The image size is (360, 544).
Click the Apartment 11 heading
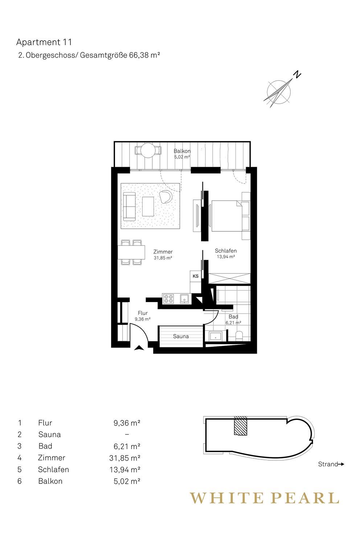(x=44, y=42)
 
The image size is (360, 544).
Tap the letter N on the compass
(x=298, y=75)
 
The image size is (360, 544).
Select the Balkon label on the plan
(x=182, y=151)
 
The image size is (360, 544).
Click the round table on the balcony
(x=148, y=151)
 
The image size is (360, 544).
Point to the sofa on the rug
(x=129, y=206)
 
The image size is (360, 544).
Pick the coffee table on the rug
(x=148, y=206)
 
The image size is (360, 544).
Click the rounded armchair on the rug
(x=166, y=196)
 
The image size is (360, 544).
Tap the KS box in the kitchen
(x=196, y=276)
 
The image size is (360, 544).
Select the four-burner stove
(x=168, y=298)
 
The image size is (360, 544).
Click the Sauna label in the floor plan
(x=181, y=336)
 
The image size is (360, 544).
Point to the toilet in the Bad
(x=240, y=336)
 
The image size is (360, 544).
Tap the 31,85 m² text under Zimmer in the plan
(x=163, y=258)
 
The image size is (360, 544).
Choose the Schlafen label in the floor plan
(x=226, y=251)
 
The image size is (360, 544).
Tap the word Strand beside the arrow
(x=328, y=464)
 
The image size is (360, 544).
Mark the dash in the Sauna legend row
(x=127, y=434)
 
